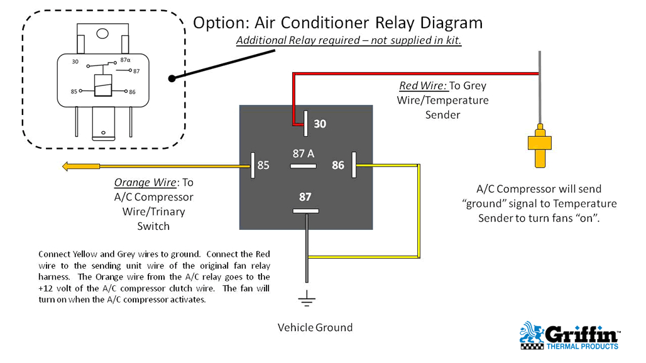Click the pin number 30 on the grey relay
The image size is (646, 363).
pyautogui.click(x=320, y=124)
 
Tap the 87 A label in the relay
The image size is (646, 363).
pyautogui.click(x=304, y=153)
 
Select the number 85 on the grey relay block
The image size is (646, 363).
pyautogui.click(x=263, y=166)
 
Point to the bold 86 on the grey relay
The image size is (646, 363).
pyautogui.click(x=338, y=166)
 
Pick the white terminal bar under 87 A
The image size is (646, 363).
pyautogui.click(x=304, y=166)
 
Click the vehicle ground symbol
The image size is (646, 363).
pyautogui.click(x=307, y=301)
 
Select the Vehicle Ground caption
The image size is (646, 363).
pyautogui.click(x=315, y=327)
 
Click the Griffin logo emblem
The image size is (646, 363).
pyautogui.click(x=532, y=335)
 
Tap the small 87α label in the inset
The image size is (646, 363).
pyautogui.click(x=124, y=60)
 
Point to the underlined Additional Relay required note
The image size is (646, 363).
pyautogui.click(x=349, y=41)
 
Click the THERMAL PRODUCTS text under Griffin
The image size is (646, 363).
pyautogui.click(x=582, y=345)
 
